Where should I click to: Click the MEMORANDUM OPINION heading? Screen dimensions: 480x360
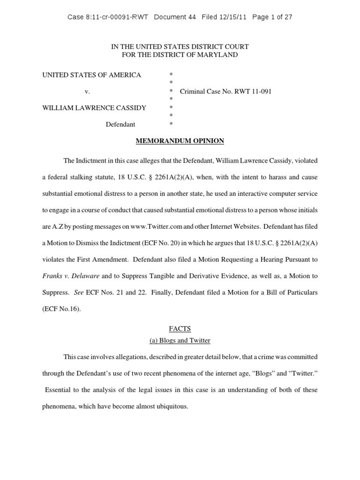(180, 141)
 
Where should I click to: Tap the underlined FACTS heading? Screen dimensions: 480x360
(180, 329)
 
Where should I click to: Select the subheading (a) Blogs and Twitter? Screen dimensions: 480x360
(180, 340)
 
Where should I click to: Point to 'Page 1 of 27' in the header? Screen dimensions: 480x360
(272, 17)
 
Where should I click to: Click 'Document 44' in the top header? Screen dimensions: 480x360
(175, 17)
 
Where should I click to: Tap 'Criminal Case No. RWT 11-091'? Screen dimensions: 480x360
(225, 91)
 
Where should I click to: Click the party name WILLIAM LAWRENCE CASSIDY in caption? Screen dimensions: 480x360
(94, 108)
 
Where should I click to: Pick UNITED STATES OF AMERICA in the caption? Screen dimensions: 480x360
(92, 75)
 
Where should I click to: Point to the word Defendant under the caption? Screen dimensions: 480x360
(120, 124)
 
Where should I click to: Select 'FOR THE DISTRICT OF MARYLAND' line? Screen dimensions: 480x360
(180, 55)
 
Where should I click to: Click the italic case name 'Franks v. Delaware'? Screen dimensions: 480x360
(70, 276)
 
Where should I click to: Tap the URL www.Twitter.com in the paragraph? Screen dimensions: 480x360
(156, 226)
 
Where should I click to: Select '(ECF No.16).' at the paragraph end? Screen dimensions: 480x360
(61, 308)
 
